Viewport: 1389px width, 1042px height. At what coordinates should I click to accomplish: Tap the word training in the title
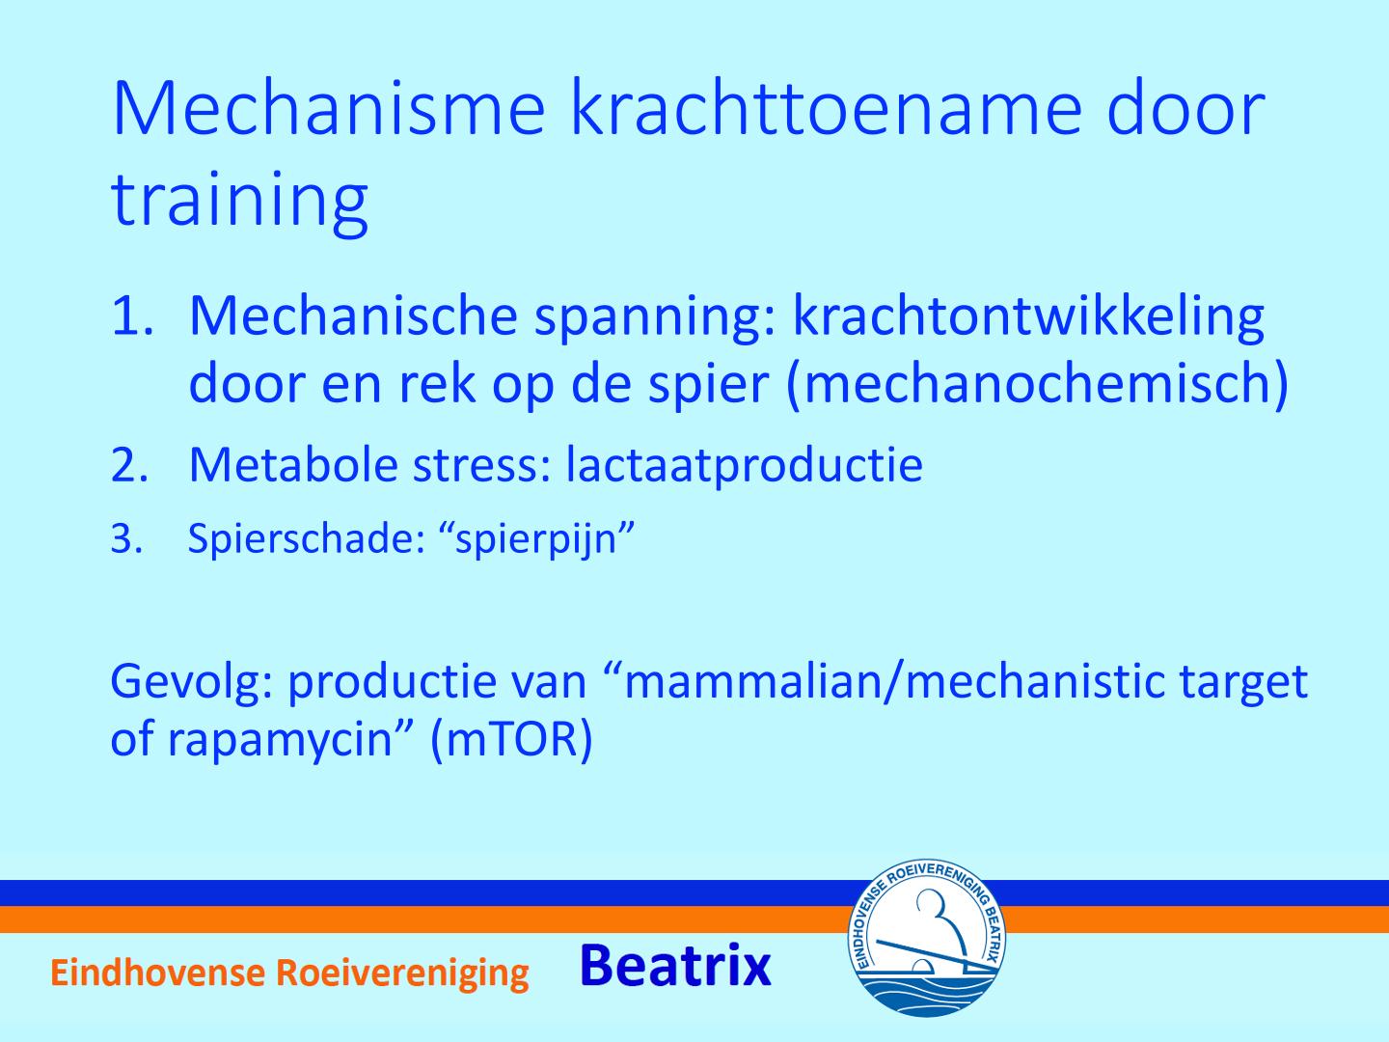240,198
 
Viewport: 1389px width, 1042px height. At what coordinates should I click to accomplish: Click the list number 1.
131,315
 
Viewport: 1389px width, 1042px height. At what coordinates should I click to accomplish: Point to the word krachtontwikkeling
1028,316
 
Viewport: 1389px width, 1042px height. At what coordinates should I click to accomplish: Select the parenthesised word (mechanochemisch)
1037,384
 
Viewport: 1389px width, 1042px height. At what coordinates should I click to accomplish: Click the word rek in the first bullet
436,383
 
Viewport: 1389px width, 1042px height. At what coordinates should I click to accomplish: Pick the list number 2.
129,465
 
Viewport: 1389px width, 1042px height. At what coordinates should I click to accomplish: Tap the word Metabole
293,464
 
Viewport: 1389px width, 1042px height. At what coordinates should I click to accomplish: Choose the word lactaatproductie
744,466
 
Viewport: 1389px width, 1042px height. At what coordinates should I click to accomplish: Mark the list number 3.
126,539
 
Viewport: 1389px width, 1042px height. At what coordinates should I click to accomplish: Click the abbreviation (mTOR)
511,740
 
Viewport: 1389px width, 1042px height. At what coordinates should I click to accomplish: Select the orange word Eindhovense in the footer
157,973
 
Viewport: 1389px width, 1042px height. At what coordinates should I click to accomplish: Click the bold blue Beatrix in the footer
675,965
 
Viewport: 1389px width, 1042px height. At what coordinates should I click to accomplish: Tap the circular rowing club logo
926,938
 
